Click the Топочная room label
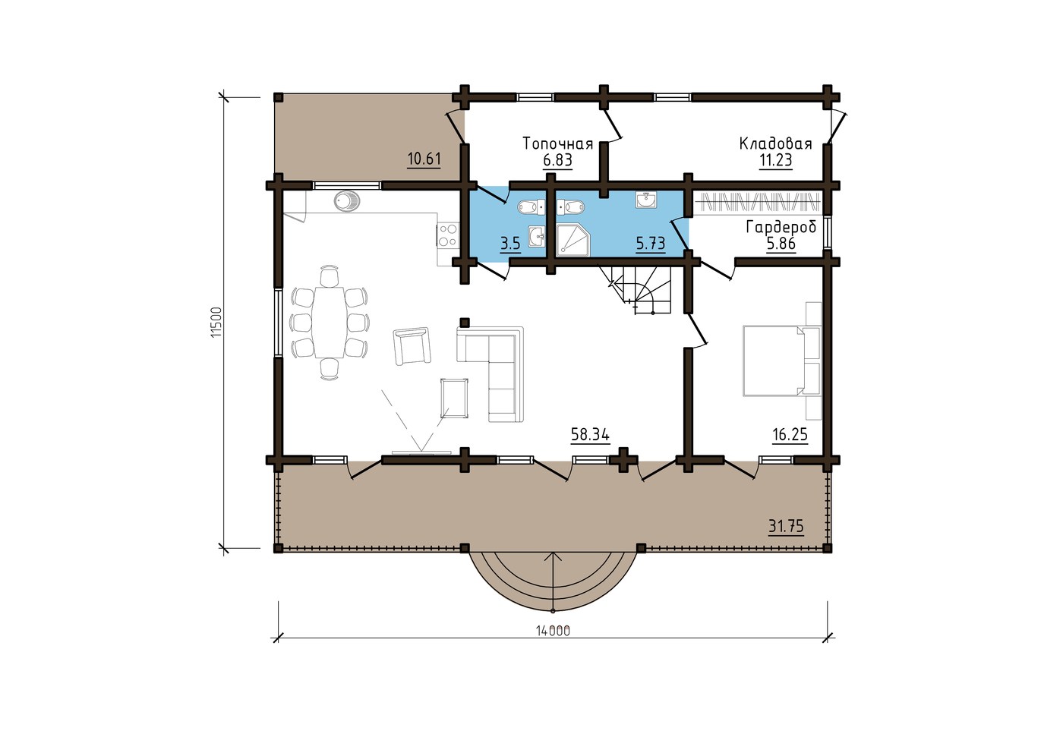557,143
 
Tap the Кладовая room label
775,143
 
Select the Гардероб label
781,227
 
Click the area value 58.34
590,434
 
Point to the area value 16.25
790,434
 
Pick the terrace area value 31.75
786,527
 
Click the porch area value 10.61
424,159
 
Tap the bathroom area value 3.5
510,244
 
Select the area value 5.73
650,244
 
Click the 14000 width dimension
553,631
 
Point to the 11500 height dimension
216,323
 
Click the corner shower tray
573,241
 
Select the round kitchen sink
347,200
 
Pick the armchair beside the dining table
412,346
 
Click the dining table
328,323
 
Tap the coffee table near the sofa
455,398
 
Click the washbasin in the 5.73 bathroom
646,200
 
